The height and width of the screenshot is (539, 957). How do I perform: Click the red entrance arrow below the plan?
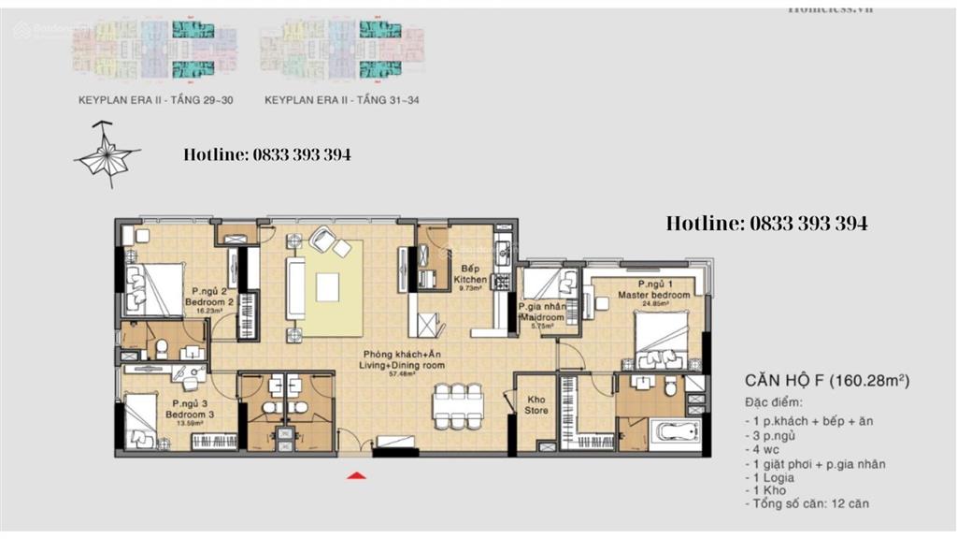355,477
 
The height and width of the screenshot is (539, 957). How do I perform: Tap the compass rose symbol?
107,155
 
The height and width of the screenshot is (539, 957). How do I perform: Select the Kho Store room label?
536,404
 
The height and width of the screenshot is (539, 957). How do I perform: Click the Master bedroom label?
654,290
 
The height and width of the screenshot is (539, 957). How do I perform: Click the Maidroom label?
541,313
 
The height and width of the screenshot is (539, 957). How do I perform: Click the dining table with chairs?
457,403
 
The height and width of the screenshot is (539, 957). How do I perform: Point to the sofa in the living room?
295,291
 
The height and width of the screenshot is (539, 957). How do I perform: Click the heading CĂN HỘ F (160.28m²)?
827,381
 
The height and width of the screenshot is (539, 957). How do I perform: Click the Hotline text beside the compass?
267,154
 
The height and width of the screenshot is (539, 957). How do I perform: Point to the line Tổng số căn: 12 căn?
808,504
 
